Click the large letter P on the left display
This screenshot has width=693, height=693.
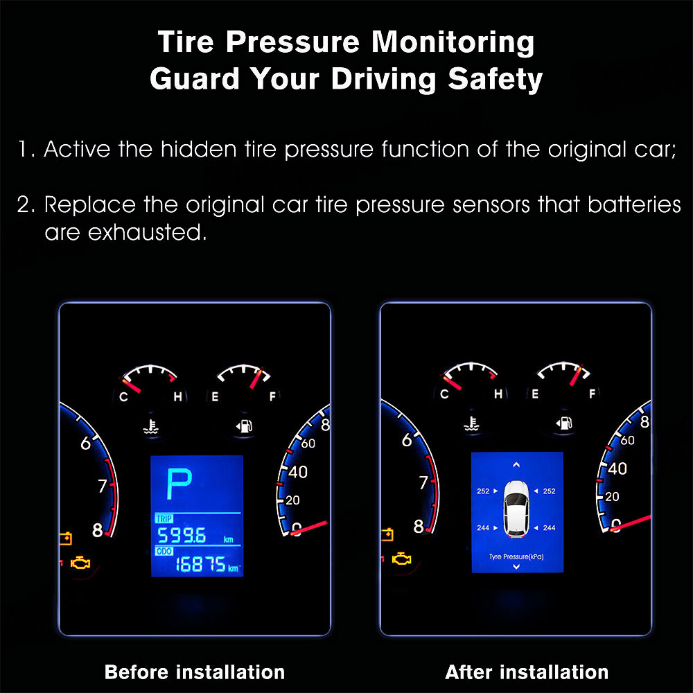(x=179, y=484)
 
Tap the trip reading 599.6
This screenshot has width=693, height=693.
(x=182, y=535)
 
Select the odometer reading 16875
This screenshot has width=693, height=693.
(x=201, y=564)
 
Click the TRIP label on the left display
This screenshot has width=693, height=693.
(x=164, y=518)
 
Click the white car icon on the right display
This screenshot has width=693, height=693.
(x=516, y=509)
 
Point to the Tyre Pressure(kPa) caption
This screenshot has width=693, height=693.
(x=516, y=556)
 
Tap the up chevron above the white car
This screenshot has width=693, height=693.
(x=516, y=464)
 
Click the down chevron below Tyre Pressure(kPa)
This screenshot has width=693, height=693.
(x=516, y=567)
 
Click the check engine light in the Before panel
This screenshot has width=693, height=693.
(x=80, y=563)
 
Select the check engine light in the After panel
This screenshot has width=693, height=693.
(x=401, y=559)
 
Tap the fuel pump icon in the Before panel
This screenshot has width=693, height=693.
(x=244, y=426)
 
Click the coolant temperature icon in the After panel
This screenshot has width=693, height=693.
(x=472, y=424)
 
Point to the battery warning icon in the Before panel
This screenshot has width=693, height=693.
(x=65, y=538)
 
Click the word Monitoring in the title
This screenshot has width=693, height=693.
(x=453, y=42)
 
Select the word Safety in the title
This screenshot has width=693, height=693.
(x=495, y=79)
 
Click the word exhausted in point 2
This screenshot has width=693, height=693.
(x=147, y=232)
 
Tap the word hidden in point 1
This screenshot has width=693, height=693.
(x=198, y=149)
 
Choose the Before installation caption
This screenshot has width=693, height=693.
(x=195, y=672)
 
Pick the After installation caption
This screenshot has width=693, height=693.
(x=527, y=672)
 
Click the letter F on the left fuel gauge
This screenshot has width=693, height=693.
(x=272, y=396)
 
